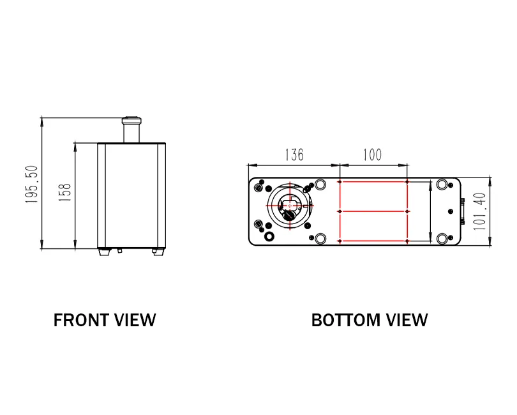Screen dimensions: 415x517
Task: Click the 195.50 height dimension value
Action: (32, 185)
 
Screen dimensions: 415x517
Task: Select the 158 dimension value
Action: (64, 193)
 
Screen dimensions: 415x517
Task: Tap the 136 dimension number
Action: (294, 155)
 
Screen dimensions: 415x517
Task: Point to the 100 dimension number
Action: (372, 155)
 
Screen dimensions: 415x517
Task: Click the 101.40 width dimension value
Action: (480, 211)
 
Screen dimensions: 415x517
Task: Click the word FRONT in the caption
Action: (79, 321)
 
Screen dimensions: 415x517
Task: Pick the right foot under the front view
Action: (158, 252)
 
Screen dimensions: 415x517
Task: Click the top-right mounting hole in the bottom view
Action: (442, 186)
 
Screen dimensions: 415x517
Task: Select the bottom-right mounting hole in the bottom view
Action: (442, 239)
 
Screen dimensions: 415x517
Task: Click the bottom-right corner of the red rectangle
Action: (407, 241)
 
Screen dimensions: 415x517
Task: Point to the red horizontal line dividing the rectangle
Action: (373, 211)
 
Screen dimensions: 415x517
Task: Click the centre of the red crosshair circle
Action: (289, 206)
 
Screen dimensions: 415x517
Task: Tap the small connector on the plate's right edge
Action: (463, 211)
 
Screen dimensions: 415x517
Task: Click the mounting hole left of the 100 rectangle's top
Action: (320, 185)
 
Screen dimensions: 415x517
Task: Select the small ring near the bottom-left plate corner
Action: (269, 236)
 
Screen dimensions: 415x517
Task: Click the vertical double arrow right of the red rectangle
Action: (430, 211)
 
